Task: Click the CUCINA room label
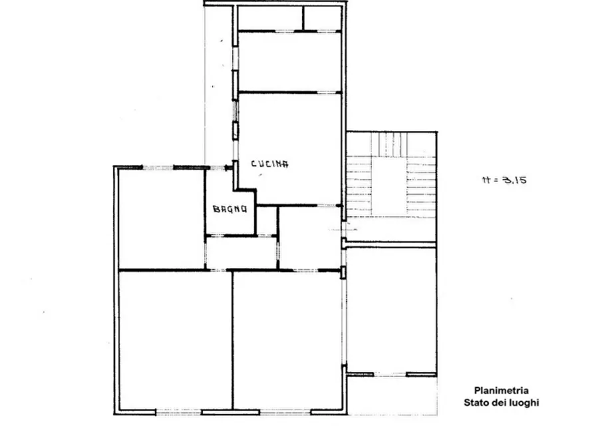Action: click(269, 164)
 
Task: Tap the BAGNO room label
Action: click(230, 209)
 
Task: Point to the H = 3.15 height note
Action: click(504, 180)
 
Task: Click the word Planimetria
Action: click(501, 390)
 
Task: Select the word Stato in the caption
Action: click(476, 402)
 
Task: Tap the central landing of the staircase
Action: click(389, 186)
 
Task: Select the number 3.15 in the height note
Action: click(514, 180)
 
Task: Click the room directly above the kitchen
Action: click(290, 61)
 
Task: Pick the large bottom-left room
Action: click(175, 341)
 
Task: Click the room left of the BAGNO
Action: click(162, 219)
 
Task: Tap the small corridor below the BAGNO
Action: click(241, 253)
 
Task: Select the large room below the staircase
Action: click(391, 310)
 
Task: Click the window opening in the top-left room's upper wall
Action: click(158, 167)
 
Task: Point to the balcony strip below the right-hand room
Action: click(392, 395)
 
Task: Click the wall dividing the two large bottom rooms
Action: click(232, 341)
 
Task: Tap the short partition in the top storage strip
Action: click(303, 18)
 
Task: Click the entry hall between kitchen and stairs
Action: click(309, 238)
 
